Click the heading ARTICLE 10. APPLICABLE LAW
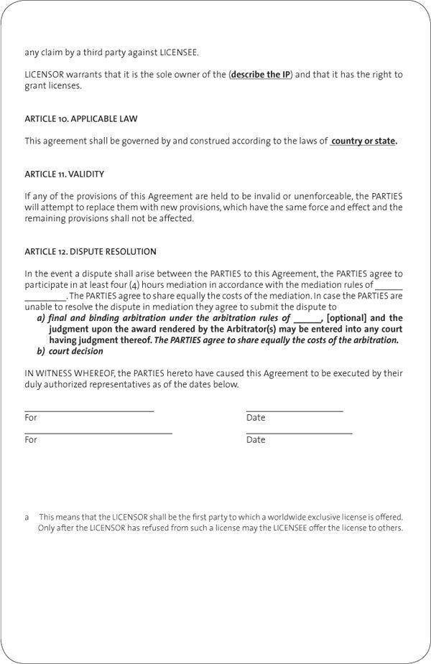click(x=80, y=118)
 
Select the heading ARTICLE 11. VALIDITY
click(x=65, y=174)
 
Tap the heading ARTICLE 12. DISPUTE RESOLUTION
click(x=91, y=252)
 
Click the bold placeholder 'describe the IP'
click(x=261, y=75)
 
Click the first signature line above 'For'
click(x=89, y=411)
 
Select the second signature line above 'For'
click(x=98, y=434)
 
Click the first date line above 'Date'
click(x=295, y=411)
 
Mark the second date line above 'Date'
click(x=299, y=434)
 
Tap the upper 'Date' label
click(x=256, y=418)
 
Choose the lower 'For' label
click(x=31, y=440)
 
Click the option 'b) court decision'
click(x=70, y=351)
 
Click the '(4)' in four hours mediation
click(x=134, y=285)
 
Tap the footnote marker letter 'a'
click(x=27, y=517)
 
